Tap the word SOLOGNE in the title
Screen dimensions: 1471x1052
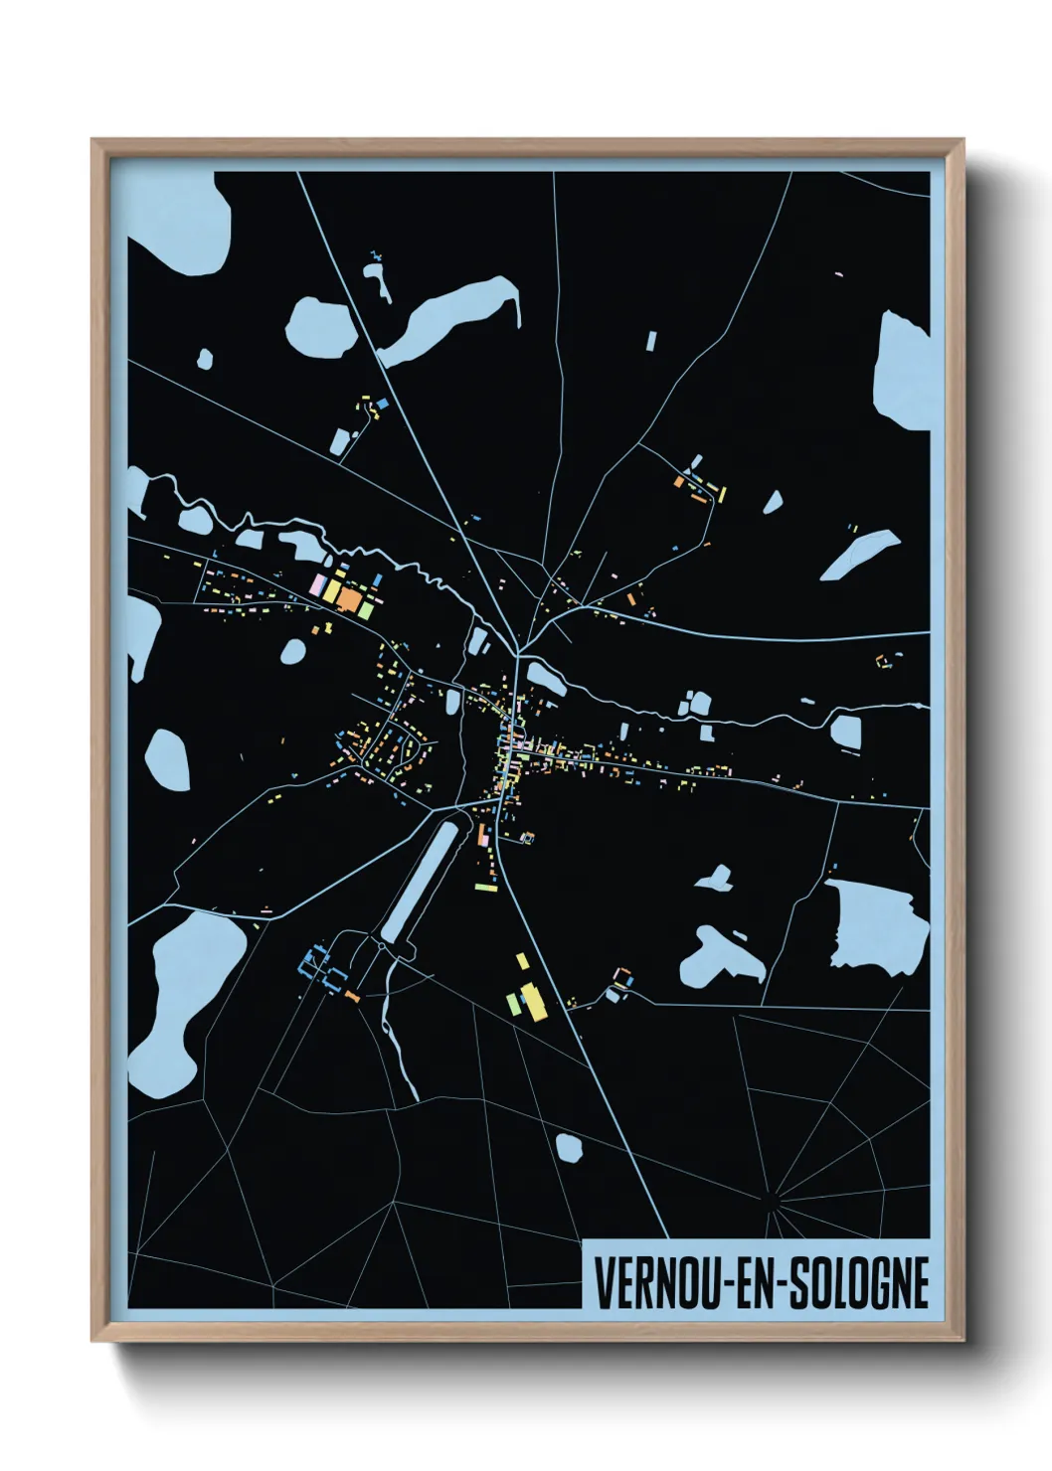pos(859,1283)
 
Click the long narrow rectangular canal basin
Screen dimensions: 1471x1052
pos(423,880)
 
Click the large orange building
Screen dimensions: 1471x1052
pos(349,598)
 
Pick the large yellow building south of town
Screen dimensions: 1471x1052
pos(533,1002)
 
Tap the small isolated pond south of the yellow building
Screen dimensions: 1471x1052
pos(568,1148)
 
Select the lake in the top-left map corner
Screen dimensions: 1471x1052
pos(189,224)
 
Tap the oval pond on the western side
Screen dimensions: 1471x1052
pos(167,759)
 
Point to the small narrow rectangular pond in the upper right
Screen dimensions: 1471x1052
pos(651,341)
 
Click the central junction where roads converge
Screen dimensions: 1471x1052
pos(517,653)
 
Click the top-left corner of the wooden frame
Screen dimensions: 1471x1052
pos(93,141)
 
